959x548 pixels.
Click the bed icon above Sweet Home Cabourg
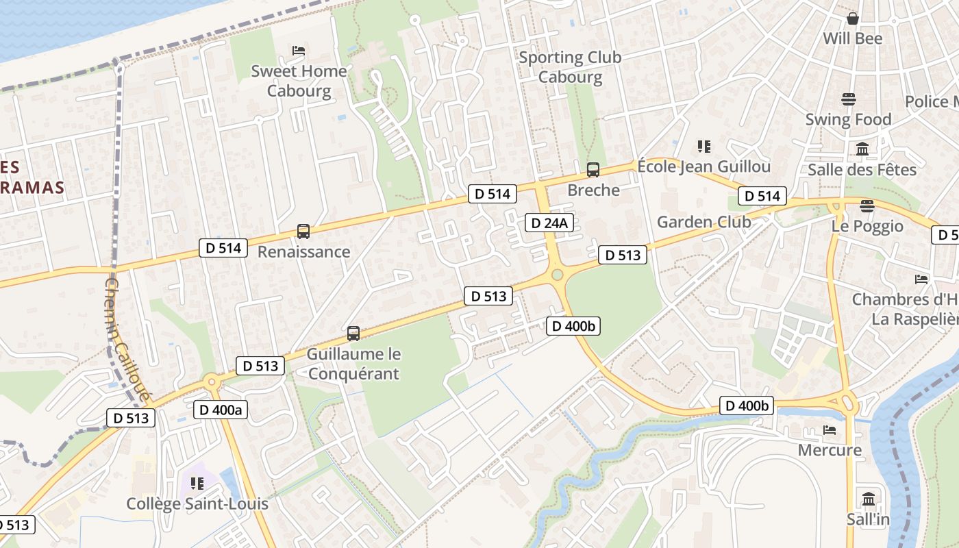pyautogui.click(x=299, y=51)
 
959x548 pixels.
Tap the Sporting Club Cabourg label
pyautogui.click(x=570, y=66)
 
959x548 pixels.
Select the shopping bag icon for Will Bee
pyautogui.click(x=853, y=18)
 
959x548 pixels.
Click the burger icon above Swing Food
pyautogui.click(x=849, y=99)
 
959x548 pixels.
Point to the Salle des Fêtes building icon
pyautogui.click(x=862, y=149)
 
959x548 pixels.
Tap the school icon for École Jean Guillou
pyautogui.click(x=704, y=147)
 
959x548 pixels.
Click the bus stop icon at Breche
pyautogui.click(x=593, y=170)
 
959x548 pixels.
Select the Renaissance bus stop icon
pyautogui.click(x=303, y=232)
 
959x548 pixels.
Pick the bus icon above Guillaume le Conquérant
pyautogui.click(x=353, y=334)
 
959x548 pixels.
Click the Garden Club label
pyautogui.click(x=703, y=222)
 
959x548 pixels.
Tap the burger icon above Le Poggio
pyautogui.click(x=867, y=206)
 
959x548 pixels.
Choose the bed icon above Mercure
pyautogui.click(x=830, y=430)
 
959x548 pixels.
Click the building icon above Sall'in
pyautogui.click(x=869, y=499)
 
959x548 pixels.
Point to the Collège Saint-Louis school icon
pyautogui.click(x=197, y=484)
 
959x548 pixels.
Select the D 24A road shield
pyautogui.click(x=549, y=223)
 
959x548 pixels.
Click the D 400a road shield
pyautogui.click(x=221, y=410)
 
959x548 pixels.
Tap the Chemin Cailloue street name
pyautogui.click(x=127, y=339)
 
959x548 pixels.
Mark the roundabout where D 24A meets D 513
pyautogui.click(x=557, y=275)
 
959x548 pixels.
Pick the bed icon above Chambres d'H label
pyautogui.click(x=921, y=279)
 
